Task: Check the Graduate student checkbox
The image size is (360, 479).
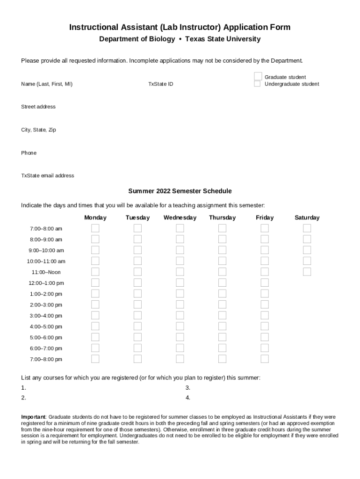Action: tap(258, 76)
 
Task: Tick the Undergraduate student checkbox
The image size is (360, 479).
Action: tap(257, 84)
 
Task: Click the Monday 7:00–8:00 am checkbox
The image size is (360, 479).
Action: tap(95, 228)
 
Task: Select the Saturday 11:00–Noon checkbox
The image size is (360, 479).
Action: tap(307, 272)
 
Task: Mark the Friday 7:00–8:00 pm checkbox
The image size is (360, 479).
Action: tap(265, 359)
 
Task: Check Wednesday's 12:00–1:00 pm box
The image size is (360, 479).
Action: tap(180, 283)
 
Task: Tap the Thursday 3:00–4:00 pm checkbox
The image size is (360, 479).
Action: tap(222, 316)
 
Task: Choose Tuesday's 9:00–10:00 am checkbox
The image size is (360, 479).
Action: tap(137, 250)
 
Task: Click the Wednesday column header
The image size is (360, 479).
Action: tap(180, 218)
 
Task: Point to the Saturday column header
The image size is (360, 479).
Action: tap(307, 218)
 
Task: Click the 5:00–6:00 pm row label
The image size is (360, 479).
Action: tap(46, 338)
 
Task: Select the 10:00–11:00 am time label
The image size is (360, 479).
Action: tap(46, 261)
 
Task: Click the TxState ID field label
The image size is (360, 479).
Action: tap(161, 84)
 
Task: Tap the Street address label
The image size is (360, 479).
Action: tap(38, 107)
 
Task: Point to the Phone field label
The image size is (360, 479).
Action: tap(29, 153)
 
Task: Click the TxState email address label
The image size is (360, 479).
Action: tap(48, 176)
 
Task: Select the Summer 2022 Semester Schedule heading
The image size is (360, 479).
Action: tap(180, 191)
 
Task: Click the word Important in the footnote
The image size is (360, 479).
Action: tap(33, 417)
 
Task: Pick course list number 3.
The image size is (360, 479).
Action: tap(187, 388)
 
